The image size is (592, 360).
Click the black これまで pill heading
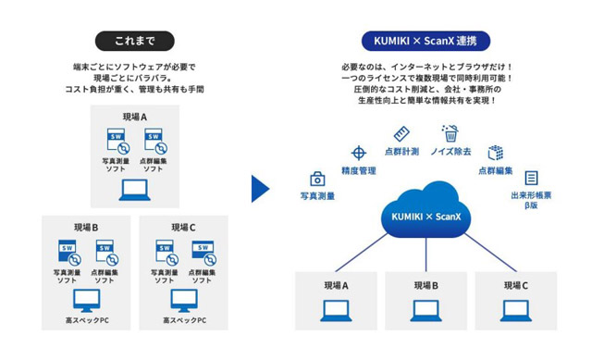point(135,41)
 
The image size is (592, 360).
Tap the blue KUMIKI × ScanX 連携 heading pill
point(425,41)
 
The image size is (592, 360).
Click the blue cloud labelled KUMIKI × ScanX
point(425,210)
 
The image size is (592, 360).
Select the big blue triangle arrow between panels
point(261,189)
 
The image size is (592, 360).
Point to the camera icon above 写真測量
point(317,179)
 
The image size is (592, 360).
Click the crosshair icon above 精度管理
point(359,153)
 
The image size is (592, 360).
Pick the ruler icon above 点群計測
point(401,134)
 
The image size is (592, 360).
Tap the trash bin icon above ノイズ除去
point(450,133)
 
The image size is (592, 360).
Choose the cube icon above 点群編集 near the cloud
point(496,153)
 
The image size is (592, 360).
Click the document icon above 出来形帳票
point(531,178)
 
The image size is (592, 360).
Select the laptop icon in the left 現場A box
point(135,190)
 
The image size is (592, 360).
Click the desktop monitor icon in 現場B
point(86,301)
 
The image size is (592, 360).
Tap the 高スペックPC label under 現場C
point(185,320)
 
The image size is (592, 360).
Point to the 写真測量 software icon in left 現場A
point(117,142)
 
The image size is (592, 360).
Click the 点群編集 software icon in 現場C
point(203,253)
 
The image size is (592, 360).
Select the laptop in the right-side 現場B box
point(425,311)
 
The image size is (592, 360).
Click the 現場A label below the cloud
point(336,286)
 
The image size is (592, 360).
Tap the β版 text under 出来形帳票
point(531,205)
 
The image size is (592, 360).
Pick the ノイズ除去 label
point(450,152)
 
